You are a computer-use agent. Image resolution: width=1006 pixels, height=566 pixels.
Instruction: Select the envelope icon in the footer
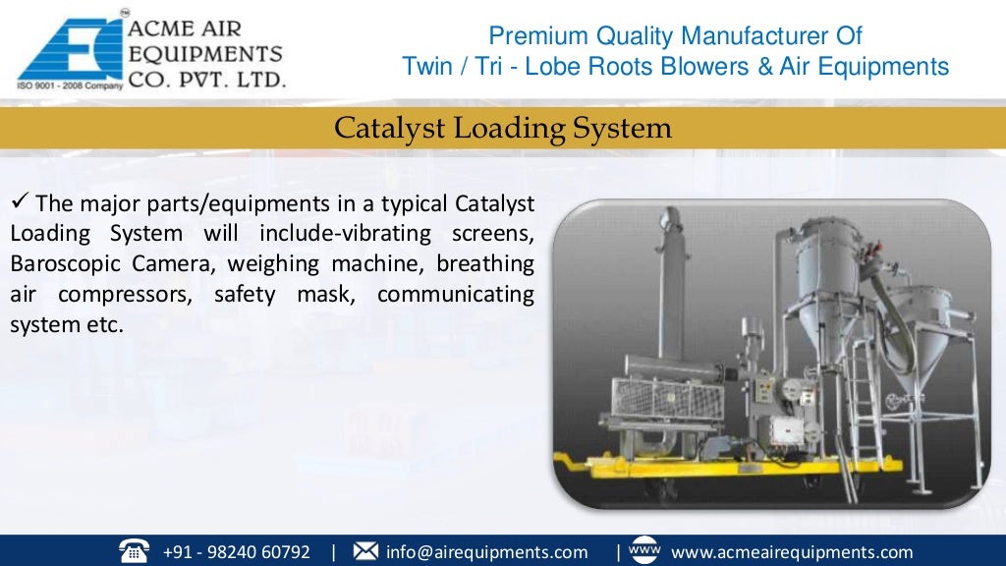coord(365,551)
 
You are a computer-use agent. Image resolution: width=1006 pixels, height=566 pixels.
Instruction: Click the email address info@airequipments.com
coord(486,552)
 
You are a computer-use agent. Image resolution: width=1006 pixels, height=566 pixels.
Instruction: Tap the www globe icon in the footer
coord(643,550)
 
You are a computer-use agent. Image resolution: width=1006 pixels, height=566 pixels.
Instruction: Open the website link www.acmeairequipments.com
coord(792,552)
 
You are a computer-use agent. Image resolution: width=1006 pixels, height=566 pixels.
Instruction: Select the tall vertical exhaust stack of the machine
coord(671,285)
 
